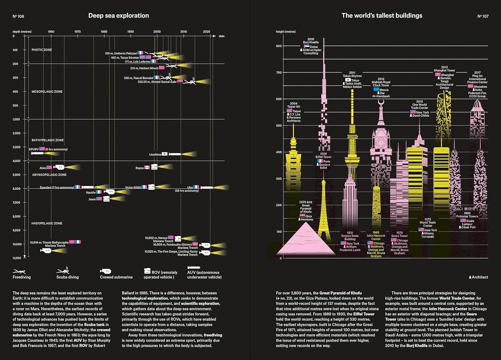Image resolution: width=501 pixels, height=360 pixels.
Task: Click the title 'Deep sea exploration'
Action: [x=119, y=16]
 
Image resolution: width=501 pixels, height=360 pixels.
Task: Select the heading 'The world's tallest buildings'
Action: [x=382, y=16]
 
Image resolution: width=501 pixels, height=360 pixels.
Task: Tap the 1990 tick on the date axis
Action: [x=131, y=32]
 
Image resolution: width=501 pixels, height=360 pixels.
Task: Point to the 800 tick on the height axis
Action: [x=279, y=46]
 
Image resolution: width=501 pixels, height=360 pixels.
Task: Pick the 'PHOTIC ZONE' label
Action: [x=42, y=50]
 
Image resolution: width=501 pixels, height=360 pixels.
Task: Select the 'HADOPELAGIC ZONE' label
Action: [x=47, y=223]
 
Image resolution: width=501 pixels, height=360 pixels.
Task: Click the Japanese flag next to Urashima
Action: [x=165, y=154]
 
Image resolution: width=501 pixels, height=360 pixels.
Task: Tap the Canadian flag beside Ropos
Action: [x=147, y=168]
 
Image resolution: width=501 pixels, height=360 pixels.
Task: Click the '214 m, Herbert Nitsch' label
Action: [x=144, y=68]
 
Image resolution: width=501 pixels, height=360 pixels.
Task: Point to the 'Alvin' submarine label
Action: [x=43, y=168]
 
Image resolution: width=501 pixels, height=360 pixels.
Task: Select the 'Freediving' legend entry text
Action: [x=22, y=277]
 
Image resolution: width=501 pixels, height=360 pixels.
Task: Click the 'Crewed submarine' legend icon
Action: [x=106, y=271]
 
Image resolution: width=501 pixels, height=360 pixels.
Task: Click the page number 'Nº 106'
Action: [x=18, y=16]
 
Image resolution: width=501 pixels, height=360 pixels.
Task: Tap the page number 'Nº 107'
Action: [x=483, y=16]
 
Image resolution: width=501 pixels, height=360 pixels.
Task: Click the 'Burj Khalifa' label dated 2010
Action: [x=311, y=42]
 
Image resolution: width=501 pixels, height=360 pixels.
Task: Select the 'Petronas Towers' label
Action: [x=467, y=216]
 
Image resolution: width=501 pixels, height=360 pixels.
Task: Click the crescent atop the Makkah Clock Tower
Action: [x=381, y=102]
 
